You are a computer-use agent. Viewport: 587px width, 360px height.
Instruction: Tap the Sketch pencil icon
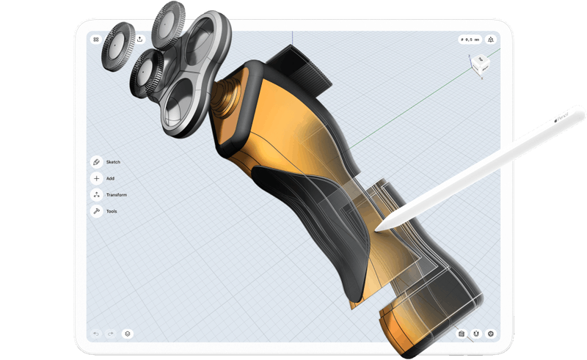click(96, 162)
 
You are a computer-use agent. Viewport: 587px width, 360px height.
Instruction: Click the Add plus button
click(96, 178)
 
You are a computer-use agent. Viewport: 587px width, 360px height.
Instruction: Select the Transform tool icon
click(96, 195)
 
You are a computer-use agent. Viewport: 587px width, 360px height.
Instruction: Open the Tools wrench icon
click(96, 211)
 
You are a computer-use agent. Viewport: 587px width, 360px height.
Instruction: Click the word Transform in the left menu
click(117, 195)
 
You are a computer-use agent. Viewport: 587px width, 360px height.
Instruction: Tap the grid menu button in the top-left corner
click(96, 39)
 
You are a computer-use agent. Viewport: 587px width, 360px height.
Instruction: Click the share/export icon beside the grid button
click(139, 39)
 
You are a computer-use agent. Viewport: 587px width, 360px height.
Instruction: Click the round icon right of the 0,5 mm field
click(491, 39)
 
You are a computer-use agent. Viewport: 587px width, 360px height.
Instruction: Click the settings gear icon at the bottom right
click(491, 334)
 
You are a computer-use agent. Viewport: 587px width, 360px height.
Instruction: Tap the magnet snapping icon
click(476, 334)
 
